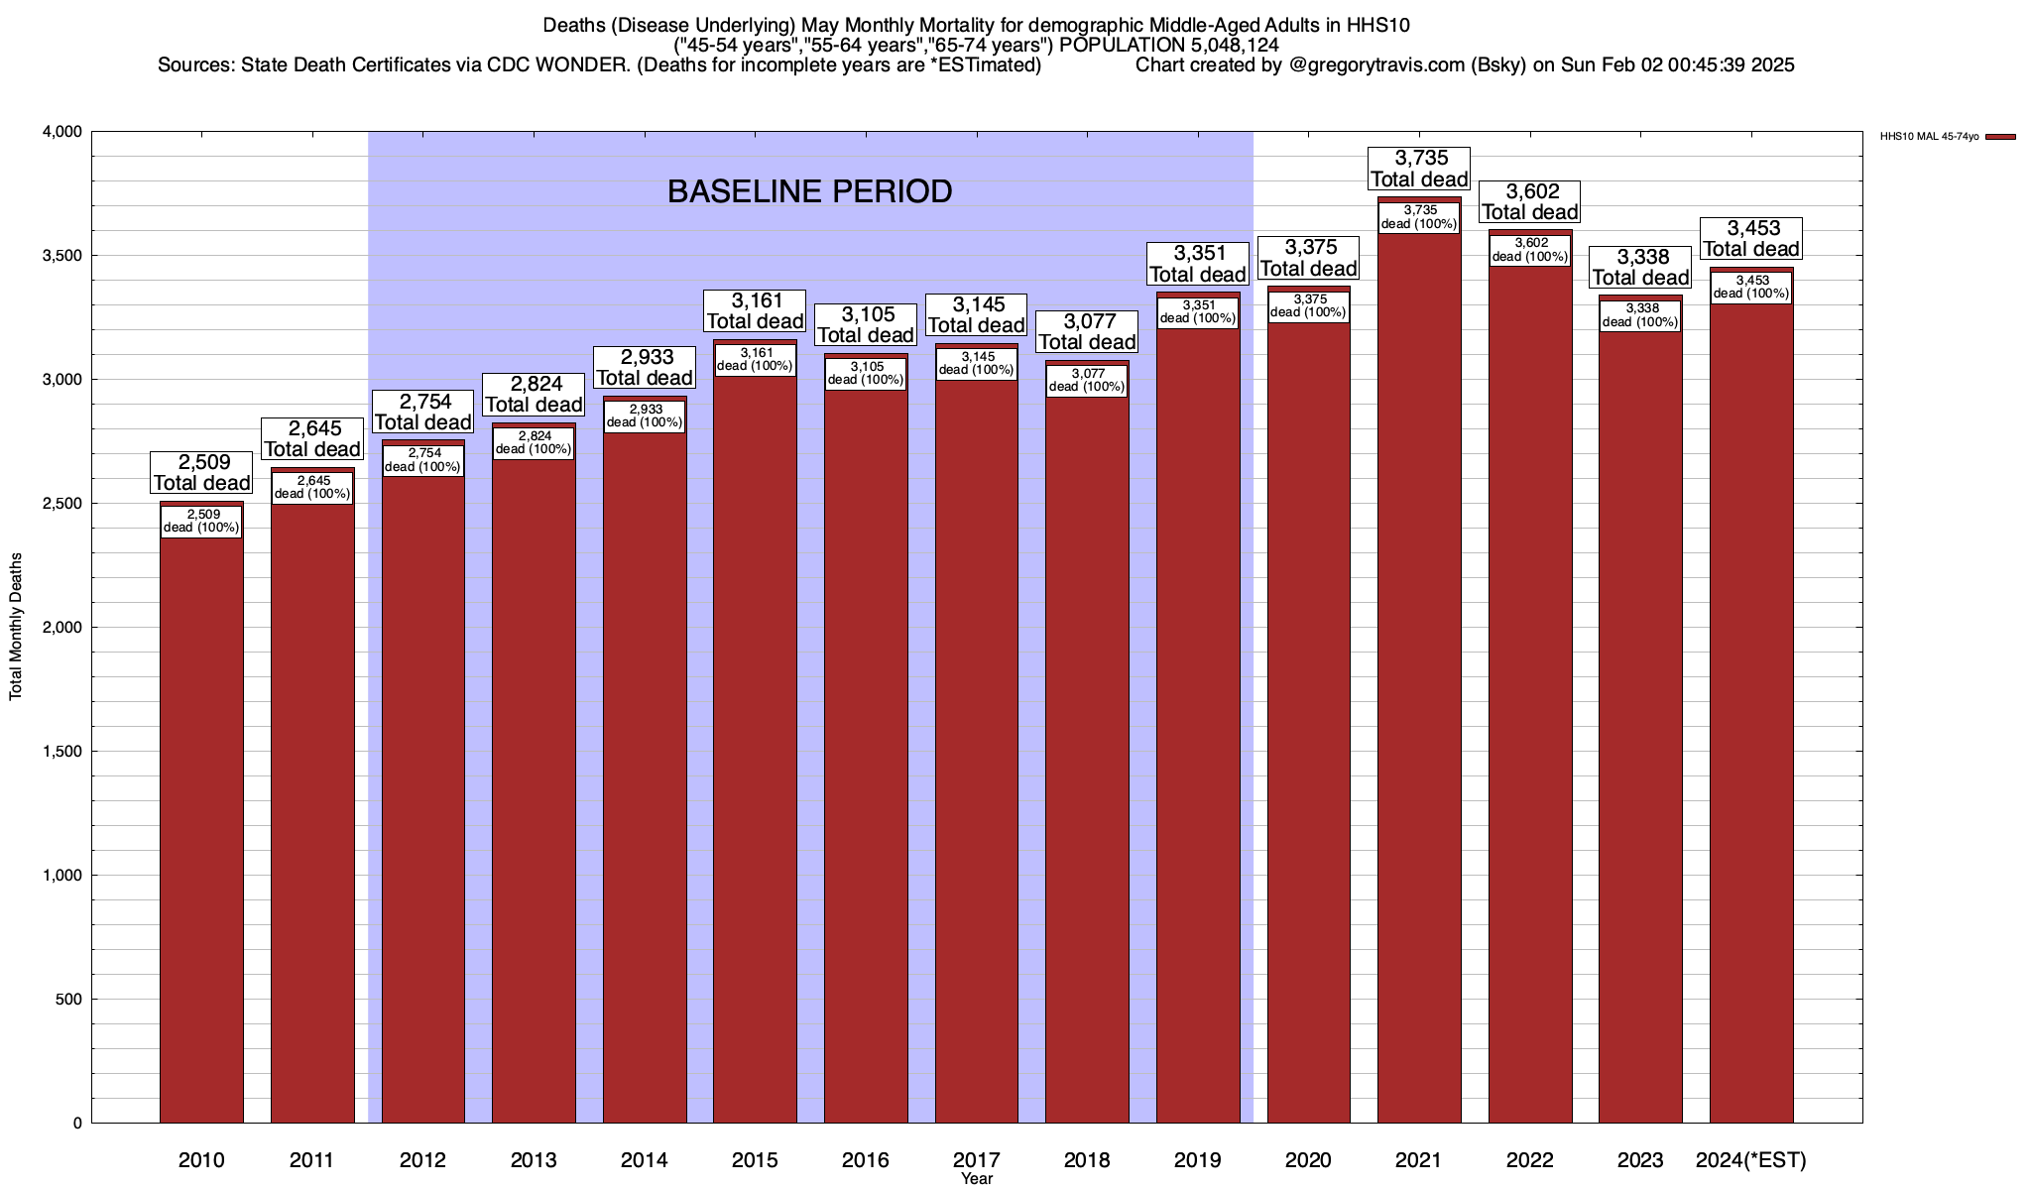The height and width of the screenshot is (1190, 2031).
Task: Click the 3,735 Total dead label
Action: pos(1419,169)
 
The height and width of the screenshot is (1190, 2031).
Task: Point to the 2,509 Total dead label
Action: pos(202,473)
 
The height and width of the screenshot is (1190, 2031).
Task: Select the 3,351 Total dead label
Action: pos(1198,264)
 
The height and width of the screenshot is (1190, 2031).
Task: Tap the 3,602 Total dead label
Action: pos(1530,201)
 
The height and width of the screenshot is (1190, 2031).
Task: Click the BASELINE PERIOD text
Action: pos(809,191)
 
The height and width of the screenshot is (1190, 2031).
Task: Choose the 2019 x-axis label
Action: pos(1198,1160)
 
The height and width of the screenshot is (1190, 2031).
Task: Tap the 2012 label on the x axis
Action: pos(422,1160)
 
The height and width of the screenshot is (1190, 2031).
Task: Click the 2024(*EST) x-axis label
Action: pos(1751,1160)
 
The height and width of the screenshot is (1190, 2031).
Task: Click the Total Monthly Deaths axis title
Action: pos(16,627)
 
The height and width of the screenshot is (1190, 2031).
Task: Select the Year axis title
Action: pos(977,1179)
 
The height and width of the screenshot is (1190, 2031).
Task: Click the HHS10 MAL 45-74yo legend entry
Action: pos(1929,137)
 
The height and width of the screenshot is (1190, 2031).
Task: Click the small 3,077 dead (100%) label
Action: pos(1088,381)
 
